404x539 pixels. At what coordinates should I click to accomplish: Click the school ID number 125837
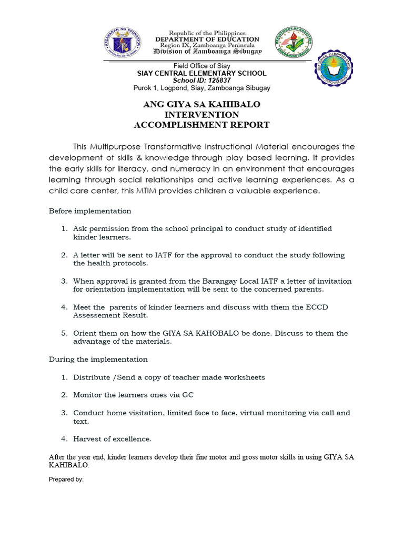tap(216, 81)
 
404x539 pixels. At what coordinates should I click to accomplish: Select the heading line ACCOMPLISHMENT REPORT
tap(201, 125)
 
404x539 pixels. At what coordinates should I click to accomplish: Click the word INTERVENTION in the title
tap(201, 115)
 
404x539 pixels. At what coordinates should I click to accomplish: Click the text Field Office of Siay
tap(202, 66)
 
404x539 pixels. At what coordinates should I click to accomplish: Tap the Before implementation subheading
tap(90, 211)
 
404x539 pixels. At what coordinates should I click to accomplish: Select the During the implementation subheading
tap(98, 359)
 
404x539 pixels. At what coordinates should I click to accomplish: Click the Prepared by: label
tap(66, 480)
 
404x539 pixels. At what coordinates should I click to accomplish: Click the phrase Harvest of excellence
tap(112, 438)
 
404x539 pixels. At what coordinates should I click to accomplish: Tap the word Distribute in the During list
tap(91, 377)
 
